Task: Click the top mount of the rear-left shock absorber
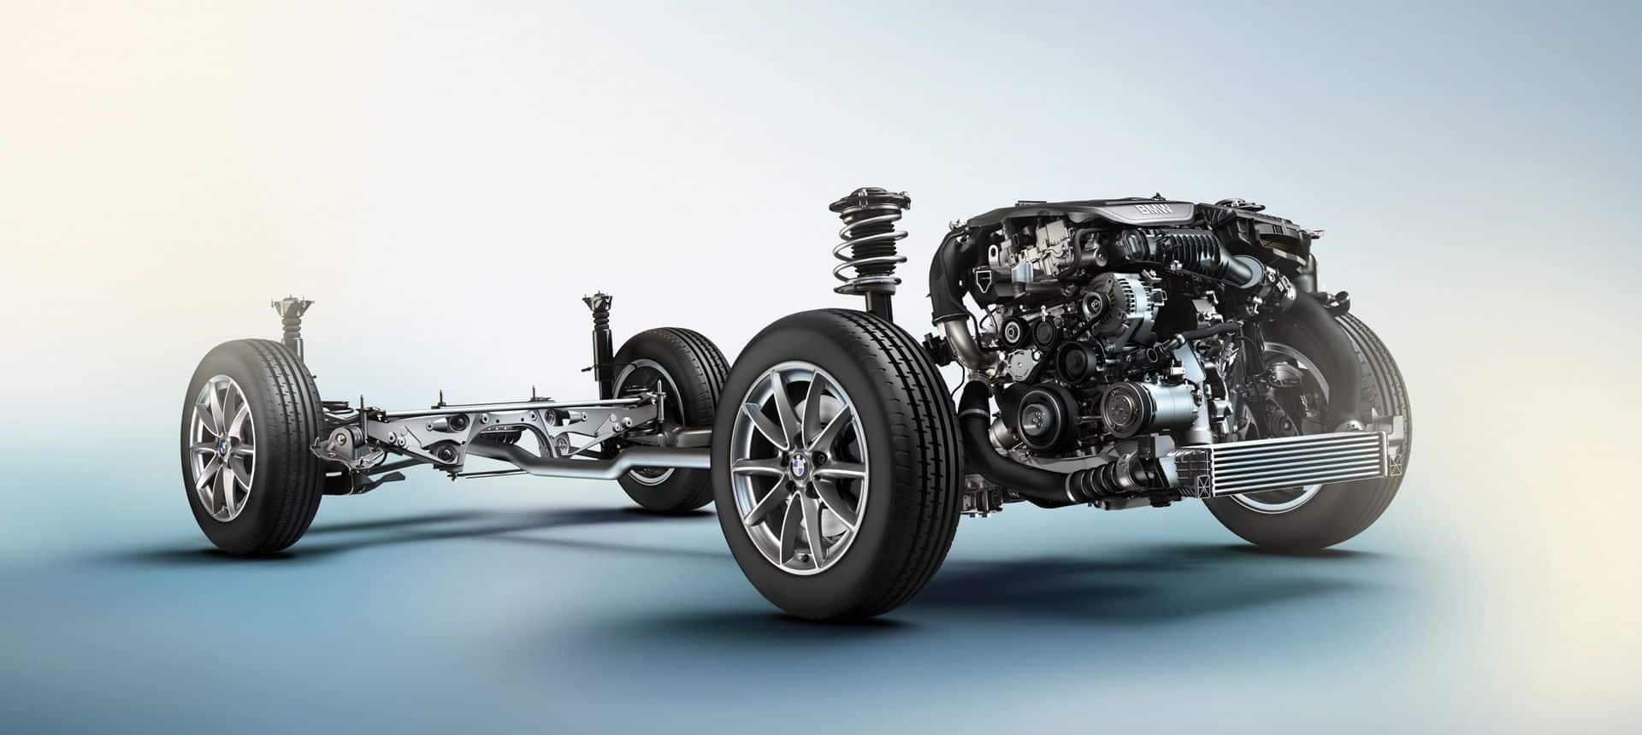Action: tap(291, 307)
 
